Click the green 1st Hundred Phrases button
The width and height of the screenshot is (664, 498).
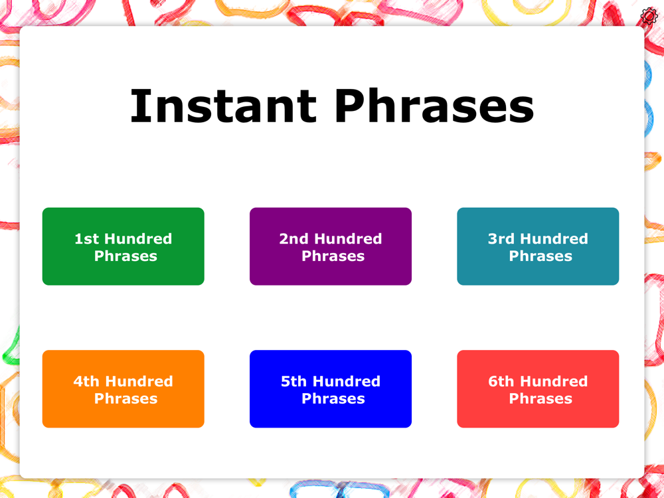124,246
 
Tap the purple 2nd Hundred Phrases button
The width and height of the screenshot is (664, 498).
330,246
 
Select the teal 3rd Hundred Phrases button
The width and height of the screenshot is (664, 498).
538,246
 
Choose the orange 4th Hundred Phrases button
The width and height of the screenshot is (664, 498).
124,388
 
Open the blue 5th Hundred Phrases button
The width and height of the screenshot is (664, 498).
330,388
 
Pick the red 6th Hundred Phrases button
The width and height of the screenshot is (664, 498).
538,388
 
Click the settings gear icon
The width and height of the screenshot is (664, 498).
649,16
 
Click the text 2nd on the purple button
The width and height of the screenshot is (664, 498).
293,239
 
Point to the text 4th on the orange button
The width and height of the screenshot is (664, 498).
87,382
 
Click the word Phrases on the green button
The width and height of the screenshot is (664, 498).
125,256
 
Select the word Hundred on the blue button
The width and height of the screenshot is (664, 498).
347,382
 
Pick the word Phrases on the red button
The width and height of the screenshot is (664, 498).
540,399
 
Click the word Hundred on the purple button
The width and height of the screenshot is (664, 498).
348,239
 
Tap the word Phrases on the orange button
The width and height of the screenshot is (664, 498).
125,399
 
